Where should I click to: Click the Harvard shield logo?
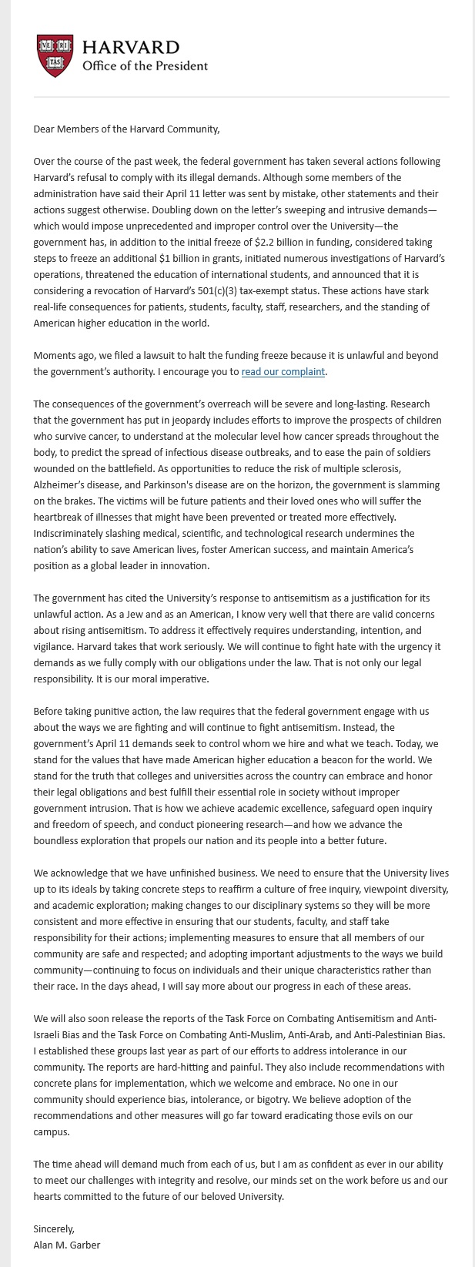point(55,55)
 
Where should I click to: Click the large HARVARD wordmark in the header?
point(131,48)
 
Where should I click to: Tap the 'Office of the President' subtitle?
point(145,65)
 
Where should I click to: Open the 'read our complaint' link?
point(283,372)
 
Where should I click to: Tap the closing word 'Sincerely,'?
point(54,1228)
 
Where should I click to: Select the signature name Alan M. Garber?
point(67,1245)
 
